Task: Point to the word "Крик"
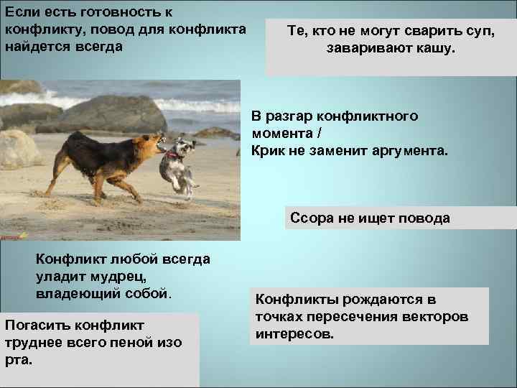pyautogui.click(x=268, y=151)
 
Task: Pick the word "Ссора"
pyautogui.click(x=311, y=218)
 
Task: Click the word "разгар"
pyautogui.click(x=287, y=116)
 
